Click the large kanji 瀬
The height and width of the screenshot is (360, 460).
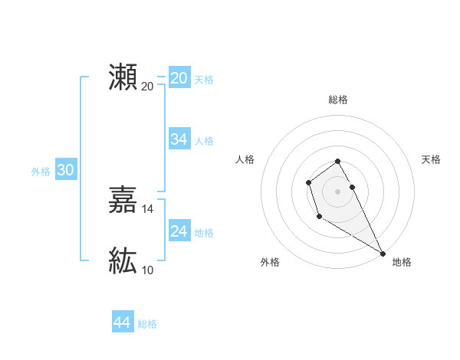tap(123, 77)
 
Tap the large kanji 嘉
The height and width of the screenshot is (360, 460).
tap(123, 201)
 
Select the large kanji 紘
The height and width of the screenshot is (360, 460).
tap(123, 261)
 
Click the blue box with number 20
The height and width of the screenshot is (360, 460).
tap(179, 78)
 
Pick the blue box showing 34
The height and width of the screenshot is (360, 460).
tap(179, 139)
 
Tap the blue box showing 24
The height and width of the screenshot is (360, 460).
tap(179, 231)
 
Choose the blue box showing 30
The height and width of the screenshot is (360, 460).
tap(65, 171)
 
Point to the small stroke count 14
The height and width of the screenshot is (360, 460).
tap(148, 208)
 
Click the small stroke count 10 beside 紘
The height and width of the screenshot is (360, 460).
tap(148, 270)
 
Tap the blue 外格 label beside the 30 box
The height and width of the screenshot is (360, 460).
tap(41, 172)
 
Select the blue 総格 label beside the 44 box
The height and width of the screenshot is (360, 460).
tap(147, 324)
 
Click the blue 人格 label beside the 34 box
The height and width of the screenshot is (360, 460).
tap(204, 141)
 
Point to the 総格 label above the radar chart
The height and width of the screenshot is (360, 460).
tap(338, 100)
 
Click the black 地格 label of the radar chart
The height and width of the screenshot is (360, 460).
tap(402, 262)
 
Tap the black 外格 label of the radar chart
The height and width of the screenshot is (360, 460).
tap(270, 262)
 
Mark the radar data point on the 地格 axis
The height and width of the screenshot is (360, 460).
tap(383, 254)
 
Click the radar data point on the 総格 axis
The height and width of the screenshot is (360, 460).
tap(338, 162)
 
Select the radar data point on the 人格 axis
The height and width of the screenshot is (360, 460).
tap(308, 182)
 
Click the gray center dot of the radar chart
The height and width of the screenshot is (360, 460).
tap(338, 191)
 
